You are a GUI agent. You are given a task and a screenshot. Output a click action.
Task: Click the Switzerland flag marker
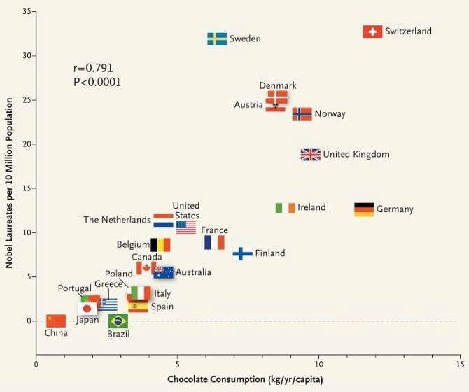pyautogui.click(x=372, y=31)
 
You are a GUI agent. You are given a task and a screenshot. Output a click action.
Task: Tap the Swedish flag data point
pyautogui.click(x=217, y=38)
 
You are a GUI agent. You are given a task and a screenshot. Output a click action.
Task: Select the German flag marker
pyautogui.click(x=364, y=209)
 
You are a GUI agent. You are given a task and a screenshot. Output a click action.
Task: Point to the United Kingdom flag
pyautogui.click(x=310, y=155)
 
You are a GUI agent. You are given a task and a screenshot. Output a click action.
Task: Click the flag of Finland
pyautogui.click(x=242, y=253)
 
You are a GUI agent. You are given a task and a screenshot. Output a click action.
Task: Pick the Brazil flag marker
pyautogui.click(x=118, y=321)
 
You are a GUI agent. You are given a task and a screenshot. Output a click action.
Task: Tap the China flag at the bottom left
pyautogui.click(x=56, y=321)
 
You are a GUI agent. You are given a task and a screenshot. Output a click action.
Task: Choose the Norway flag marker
pyautogui.click(x=302, y=114)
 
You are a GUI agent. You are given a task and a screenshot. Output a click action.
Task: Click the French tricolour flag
pyautogui.click(x=214, y=242)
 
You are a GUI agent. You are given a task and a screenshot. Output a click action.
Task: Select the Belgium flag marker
pyautogui.click(x=160, y=245)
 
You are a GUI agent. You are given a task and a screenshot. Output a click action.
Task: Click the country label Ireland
pyautogui.click(x=311, y=207)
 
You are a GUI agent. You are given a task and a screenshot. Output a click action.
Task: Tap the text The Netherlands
pyautogui.click(x=117, y=219)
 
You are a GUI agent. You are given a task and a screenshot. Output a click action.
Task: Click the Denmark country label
pyautogui.click(x=278, y=85)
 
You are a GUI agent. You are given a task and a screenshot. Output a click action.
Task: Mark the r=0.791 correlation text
pyautogui.click(x=93, y=69)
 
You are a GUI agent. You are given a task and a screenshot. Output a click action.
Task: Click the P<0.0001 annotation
pyautogui.click(x=97, y=82)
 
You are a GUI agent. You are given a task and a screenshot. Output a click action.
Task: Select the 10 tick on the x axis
pyautogui.click(x=318, y=365)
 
